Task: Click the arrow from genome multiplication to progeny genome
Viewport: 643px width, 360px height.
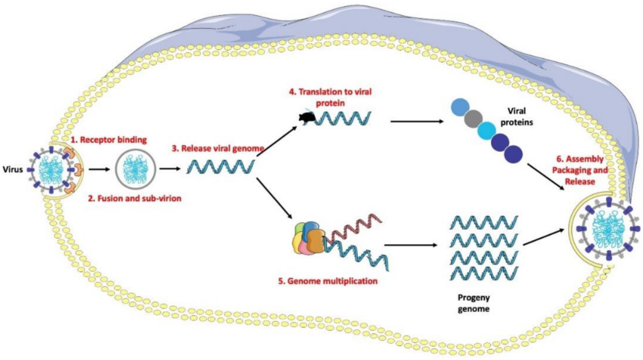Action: pyautogui.click(x=409, y=246)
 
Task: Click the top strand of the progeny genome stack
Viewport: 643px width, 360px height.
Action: pyautogui.click(x=484, y=221)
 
